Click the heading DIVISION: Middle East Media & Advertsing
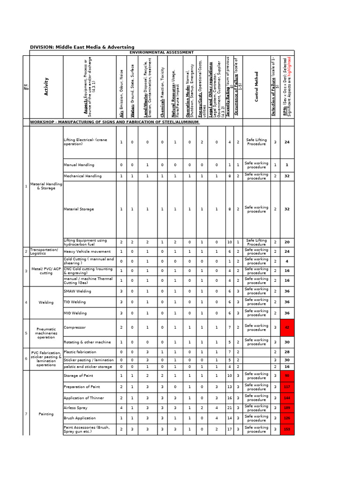[82, 47]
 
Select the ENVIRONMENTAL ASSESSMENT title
[161, 52]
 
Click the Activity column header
[46, 86]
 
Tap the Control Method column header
[256, 86]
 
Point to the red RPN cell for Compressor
[287, 328]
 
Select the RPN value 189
[287, 408]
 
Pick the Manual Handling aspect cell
[79, 165]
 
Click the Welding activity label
[46, 302]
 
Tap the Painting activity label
[46, 414]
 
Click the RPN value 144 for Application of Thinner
[287, 397]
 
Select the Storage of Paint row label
[78, 375]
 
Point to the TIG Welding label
[75, 302]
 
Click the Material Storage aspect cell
[79, 209]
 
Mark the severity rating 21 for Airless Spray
[229, 408]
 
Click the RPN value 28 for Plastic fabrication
[287, 352]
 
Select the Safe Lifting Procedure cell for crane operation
[256, 142]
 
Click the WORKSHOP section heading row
[115, 122]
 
